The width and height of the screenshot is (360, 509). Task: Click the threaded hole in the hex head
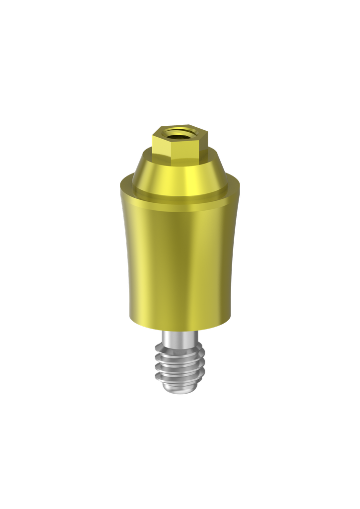(x=179, y=132)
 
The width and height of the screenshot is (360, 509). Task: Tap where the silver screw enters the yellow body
(x=179, y=332)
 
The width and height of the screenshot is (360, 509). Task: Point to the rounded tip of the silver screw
(x=180, y=392)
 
